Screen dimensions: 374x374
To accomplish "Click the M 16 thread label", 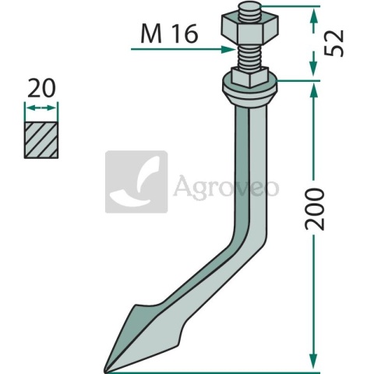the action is tap(169, 34).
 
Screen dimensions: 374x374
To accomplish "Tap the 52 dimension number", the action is tap(334, 43).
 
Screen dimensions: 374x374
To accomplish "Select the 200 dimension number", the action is tap(315, 209).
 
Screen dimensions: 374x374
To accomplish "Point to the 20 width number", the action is tap(41, 88).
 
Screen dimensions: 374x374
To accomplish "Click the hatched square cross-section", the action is tap(41, 140).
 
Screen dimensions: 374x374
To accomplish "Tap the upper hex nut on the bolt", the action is tap(249, 30).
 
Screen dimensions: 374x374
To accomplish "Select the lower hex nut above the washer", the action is tap(249, 77).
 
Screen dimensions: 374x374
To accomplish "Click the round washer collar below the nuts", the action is tap(250, 91).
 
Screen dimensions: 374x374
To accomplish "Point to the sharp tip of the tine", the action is tap(105, 372).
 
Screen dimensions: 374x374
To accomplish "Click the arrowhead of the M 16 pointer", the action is tap(228, 49).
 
